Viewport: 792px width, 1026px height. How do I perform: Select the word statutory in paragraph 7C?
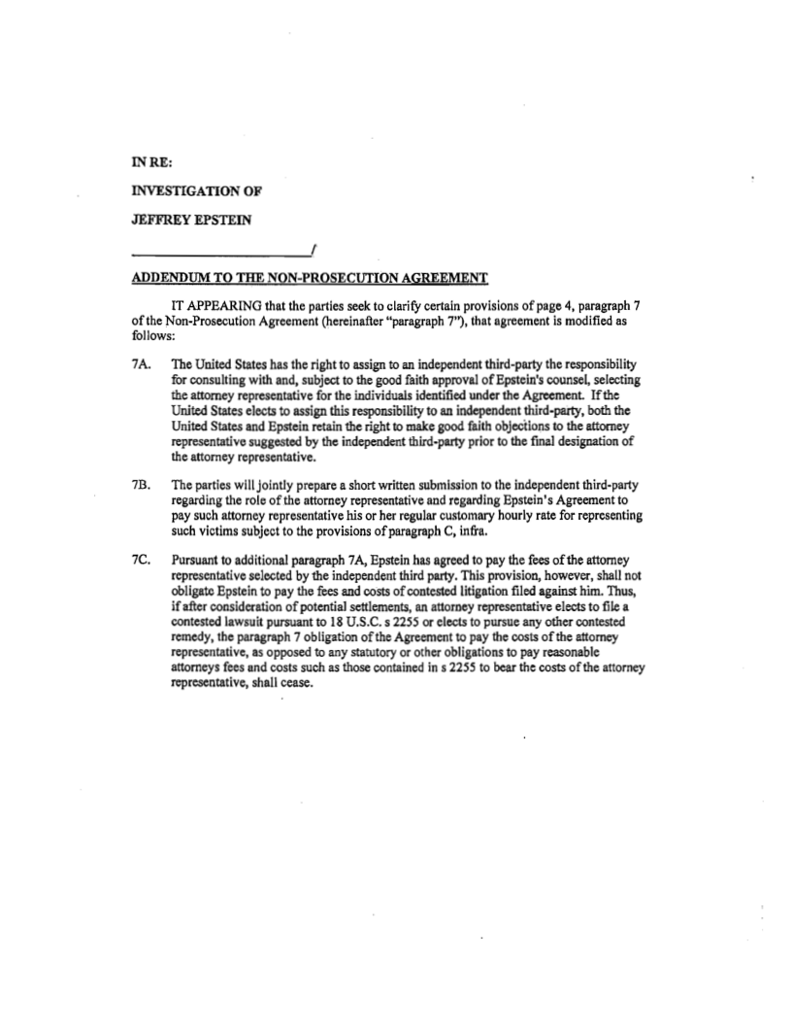(387, 656)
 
